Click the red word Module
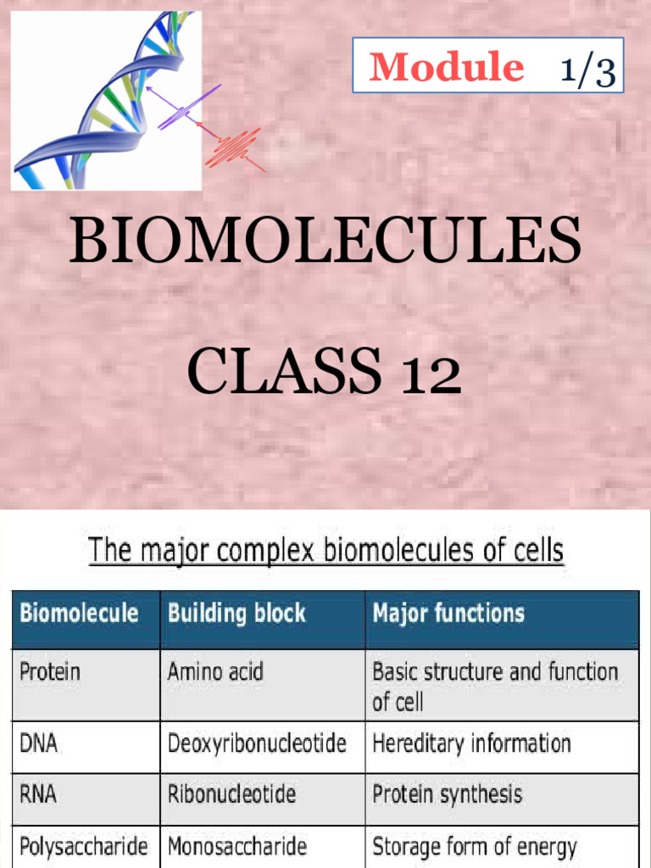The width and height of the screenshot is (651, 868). tap(446, 66)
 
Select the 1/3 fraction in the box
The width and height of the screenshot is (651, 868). tap(587, 70)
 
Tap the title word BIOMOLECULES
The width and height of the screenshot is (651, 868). tap(325, 240)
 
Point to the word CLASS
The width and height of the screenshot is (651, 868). tap(283, 372)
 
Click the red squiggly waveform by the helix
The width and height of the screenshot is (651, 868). tap(236, 146)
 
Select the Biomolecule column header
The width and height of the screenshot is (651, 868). tap(79, 613)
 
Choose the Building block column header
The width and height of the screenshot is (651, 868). tap(236, 613)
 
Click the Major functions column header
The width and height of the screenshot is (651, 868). tap(448, 613)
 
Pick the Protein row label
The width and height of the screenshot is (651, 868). tap(49, 672)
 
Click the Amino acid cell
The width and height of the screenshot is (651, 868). tap(215, 672)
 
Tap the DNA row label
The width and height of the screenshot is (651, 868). tap(39, 744)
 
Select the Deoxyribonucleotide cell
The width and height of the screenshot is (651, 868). tap(257, 744)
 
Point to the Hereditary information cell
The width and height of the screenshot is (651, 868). tap(471, 744)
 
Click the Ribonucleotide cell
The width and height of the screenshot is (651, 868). tap(231, 794)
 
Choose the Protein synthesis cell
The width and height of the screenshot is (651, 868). tap(447, 794)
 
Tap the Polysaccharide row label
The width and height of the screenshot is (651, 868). tap(83, 846)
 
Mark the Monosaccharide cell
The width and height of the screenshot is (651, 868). tap(236, 846)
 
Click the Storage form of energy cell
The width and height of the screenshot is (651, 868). tap(474, 846)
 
